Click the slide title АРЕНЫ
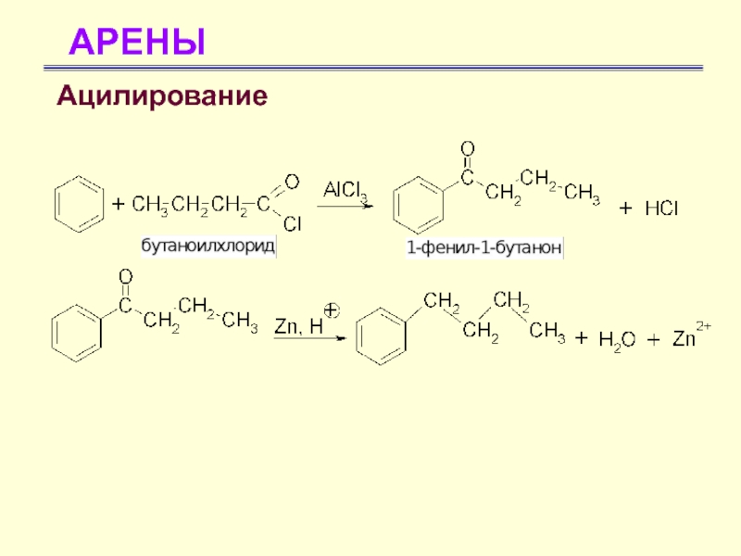(137, 42)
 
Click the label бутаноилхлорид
(207, 247)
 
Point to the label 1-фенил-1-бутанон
(484, 249)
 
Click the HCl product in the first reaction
(661, 209)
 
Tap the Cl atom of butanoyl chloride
(291, 222)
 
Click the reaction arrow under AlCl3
(346, 206)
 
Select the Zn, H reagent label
(297, 325)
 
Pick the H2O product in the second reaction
(616, 340)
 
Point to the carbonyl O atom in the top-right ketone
(468, 147)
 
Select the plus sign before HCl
(625, 210)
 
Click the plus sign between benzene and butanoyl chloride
(119, 203)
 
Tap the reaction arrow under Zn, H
(308, 339)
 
